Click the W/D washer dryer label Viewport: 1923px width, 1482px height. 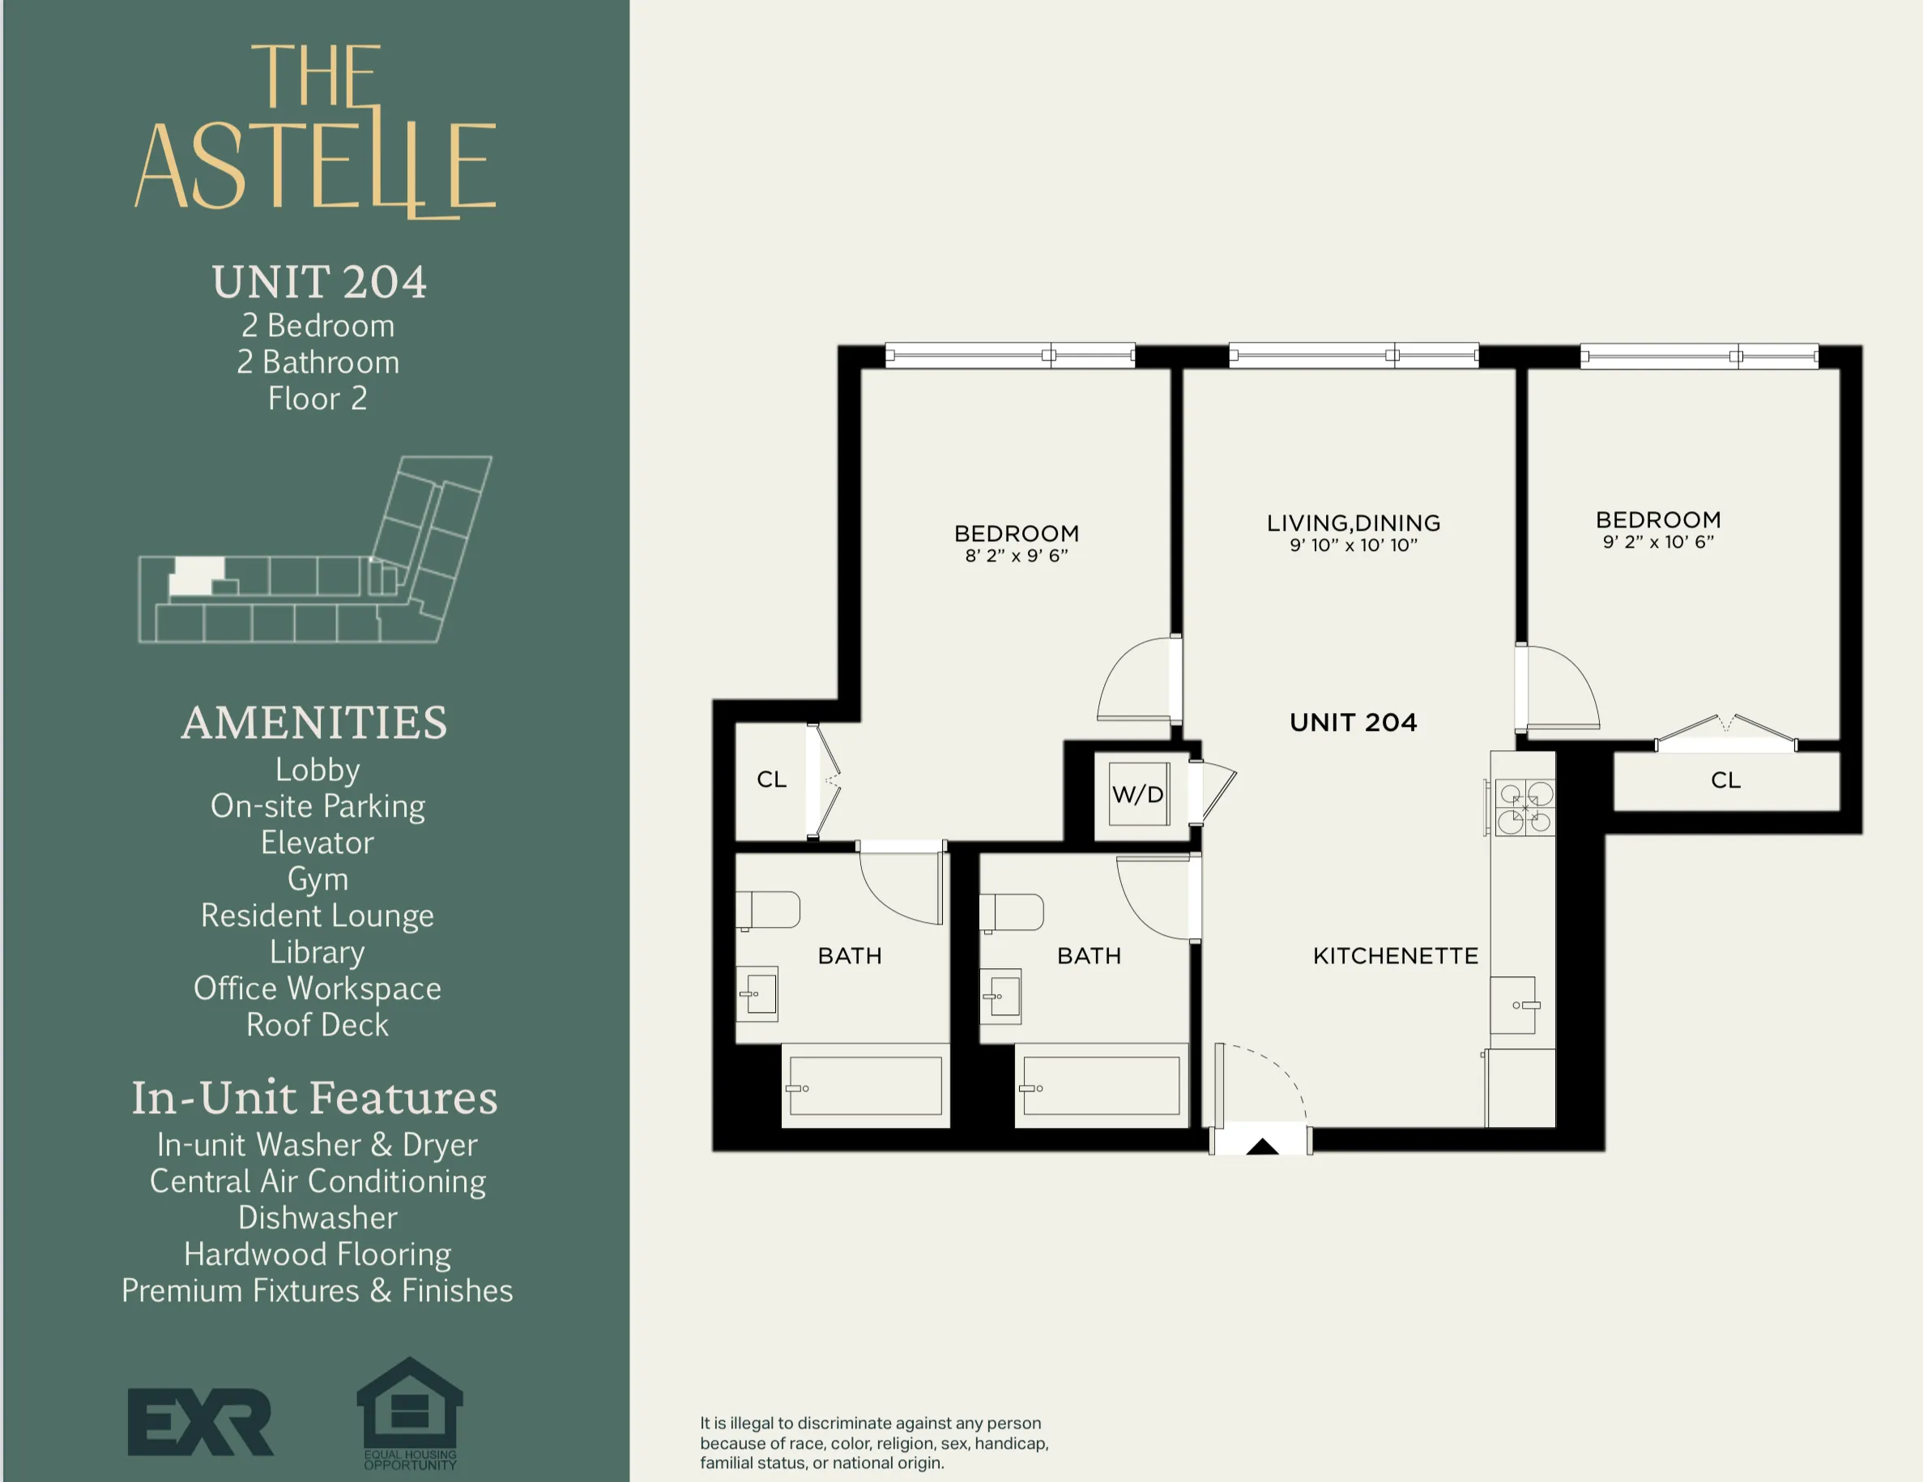(1137, 794)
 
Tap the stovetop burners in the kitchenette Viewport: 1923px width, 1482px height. (1525, 808)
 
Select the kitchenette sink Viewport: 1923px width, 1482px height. (1515, 1005)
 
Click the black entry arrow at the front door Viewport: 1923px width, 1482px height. (1262, 1146)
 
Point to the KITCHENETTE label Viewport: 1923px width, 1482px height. (1395, 956)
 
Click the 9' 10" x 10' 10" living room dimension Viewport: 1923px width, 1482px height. (1354, 545)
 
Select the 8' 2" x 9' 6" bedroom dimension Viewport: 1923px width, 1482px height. (1016, 556)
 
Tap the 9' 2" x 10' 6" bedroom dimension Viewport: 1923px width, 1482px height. (1658, 542)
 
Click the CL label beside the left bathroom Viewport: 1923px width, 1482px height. (771, 779)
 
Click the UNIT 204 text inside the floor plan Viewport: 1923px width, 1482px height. (1354, 723)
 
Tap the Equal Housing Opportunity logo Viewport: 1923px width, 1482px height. (409, 1412)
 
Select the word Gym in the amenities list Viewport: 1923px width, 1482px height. (318, 879)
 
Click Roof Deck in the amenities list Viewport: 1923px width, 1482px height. (317, 1025)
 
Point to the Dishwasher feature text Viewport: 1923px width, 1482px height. (317, 1217)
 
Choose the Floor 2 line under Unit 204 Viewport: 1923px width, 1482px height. (317, 398)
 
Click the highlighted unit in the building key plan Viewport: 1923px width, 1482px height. (196, 576)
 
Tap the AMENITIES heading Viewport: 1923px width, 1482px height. (314, 722)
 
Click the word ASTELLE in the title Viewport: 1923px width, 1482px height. (315, 165)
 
